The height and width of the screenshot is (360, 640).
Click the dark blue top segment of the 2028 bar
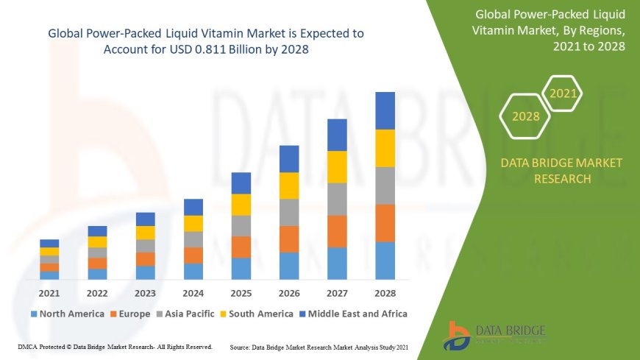[385, 110]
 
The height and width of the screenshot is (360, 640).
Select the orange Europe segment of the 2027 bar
[337, 231]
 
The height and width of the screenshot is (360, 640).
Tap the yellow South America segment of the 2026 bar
[289, 186]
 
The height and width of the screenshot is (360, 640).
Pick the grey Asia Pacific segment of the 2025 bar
[241, 225]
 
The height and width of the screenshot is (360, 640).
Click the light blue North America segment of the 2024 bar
[193, 271]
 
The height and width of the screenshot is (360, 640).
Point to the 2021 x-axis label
[49, 292]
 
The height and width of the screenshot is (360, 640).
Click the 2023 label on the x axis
[145, 292]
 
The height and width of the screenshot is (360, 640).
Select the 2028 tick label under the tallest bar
[385, 292]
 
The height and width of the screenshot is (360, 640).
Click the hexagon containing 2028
[526, 116]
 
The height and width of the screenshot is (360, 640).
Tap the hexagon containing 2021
[563, 93]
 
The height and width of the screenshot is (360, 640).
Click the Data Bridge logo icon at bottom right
[458, 335]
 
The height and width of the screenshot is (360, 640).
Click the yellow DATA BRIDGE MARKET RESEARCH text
[561, 170]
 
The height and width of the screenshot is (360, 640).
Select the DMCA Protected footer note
[115, 346]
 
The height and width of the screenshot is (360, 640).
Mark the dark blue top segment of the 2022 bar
[97, 231]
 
